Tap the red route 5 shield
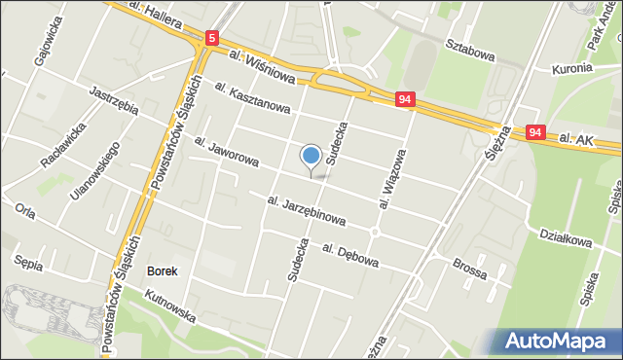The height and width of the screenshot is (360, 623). (212, 39)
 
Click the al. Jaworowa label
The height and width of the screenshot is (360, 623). (225, 151)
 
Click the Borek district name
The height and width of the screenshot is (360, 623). (162, 270)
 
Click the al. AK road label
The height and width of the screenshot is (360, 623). (577, 141)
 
